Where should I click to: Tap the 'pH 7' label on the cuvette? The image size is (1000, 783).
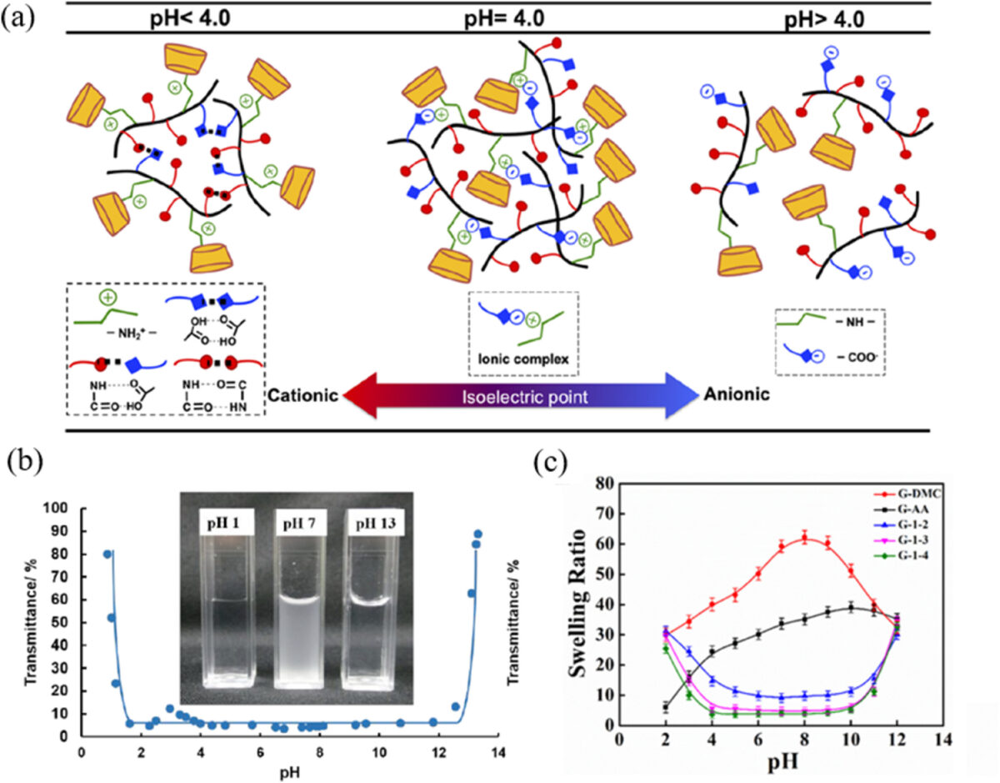[301, 525]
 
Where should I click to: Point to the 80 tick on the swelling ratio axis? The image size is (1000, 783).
[606, 483]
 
